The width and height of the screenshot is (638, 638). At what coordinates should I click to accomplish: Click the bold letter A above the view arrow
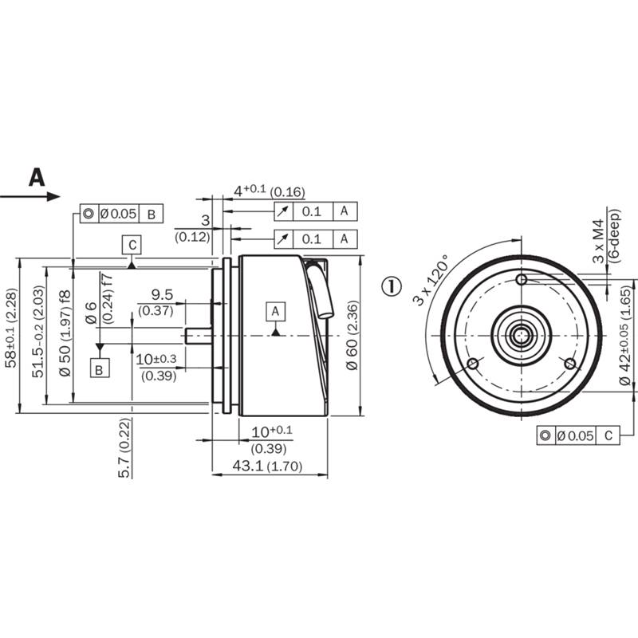coord(37,177)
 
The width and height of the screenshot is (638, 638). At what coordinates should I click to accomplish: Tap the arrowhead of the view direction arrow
coord(53,196)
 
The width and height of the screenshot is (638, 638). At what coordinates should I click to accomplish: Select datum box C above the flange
coord(132,245)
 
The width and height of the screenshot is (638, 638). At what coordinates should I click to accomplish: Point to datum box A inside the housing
coord(275,312)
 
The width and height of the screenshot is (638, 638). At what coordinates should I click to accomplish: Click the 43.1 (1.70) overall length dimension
coord(267,466)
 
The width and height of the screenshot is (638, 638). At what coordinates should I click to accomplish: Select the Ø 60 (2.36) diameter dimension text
coord(352,335)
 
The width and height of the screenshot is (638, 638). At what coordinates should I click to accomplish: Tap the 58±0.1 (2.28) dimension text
coord(11,328)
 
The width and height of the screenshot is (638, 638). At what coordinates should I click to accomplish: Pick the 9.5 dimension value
coord(162,294)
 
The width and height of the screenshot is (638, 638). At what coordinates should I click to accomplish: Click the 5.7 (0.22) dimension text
coord(124,447)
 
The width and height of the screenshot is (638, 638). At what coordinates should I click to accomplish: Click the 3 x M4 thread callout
coord(599,242)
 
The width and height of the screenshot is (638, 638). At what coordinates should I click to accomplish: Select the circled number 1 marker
coord(392,286)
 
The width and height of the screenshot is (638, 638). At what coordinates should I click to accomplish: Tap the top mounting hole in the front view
coord(522,280)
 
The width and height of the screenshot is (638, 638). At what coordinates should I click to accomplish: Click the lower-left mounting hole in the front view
coord(472,364)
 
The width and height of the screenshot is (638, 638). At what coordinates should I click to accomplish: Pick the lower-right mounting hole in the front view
coord(570,364)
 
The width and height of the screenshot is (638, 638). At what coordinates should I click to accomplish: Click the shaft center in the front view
coord(522,336)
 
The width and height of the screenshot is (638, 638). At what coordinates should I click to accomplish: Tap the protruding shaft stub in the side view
coord(198,336)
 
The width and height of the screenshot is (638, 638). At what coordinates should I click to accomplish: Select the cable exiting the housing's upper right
coord(320,289)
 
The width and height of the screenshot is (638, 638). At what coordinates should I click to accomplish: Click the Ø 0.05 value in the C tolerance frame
coord(575,435)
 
